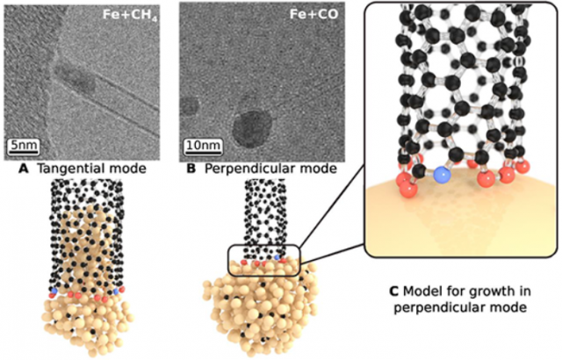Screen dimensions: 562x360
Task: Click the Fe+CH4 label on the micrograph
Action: pyautogui.click(x=130, y=15)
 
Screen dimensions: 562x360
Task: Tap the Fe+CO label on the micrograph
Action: pyautogui.click(x=308, y=15)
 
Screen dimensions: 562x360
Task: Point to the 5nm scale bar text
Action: pyautogui.click(x=24, y=145)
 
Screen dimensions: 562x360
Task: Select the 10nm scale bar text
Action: pyautogui.click(x=204, y=145)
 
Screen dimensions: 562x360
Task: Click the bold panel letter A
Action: pyautogui.click(x=23, y=169)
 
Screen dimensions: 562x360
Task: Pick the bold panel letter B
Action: pyautogui.click(x=191, y=169)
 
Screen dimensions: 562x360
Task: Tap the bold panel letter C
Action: pyautogui.click(x=394, y=292)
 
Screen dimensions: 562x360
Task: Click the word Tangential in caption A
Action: pyautogui.click(x=70, y=169)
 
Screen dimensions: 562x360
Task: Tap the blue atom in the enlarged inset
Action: pyautogui.click(x=442, y=176)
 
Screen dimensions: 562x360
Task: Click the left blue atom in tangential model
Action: pyautogui.click(x=54, y=292)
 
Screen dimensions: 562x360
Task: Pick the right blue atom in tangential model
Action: pyautogui.click(x=116, y=292)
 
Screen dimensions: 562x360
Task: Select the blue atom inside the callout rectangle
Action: pyautogui.click(x=277, y=257)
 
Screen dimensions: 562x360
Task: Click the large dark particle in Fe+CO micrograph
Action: pyautogui.click(x=252, y=129)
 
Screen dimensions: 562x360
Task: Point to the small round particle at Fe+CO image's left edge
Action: pyautogui.click(x=189, y=106)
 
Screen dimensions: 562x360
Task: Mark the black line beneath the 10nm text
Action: pyautogui.click(x=204, y=152)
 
